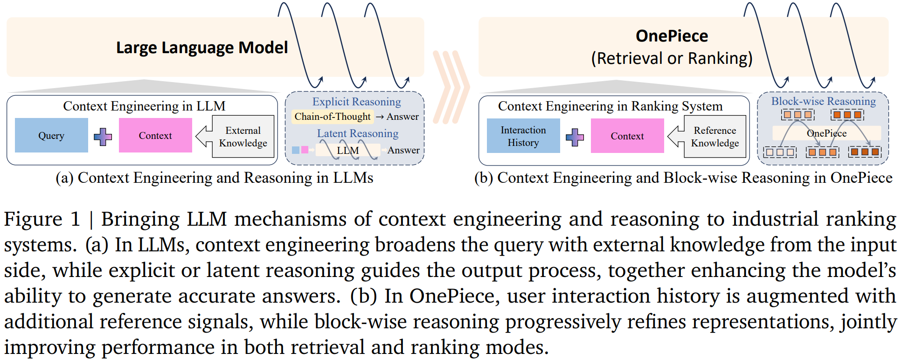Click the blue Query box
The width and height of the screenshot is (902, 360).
click(51, 135)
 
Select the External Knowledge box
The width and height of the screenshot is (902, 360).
click(243, 137)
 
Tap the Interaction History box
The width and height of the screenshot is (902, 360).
click(523, 136)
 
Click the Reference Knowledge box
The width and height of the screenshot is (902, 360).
click(715, 137)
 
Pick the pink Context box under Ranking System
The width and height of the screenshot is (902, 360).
click(627, 136)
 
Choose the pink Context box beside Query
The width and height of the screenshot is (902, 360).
click(155, 135)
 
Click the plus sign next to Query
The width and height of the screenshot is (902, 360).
click(103, 137)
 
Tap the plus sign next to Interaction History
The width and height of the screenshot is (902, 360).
click(575, 137)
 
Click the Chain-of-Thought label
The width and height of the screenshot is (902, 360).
click(333, 117)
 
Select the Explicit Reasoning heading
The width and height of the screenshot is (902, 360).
click(357, 102)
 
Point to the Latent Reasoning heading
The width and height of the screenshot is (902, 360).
click(358, 133)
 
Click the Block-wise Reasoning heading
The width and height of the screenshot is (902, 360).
click(824, 101)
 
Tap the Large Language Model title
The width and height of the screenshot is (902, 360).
click(202, 48)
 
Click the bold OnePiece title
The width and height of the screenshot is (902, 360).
click(672, 36)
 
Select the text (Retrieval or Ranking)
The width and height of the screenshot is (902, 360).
click(672, 58)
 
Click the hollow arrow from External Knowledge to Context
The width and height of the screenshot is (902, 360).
click(204, 136)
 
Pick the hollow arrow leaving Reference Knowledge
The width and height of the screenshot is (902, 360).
click(676, 137)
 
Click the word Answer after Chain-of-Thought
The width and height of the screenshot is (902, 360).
click(402, 117)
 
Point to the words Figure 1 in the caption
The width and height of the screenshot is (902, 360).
click(42, 219)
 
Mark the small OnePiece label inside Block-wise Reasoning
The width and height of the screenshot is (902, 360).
click(826, 133)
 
